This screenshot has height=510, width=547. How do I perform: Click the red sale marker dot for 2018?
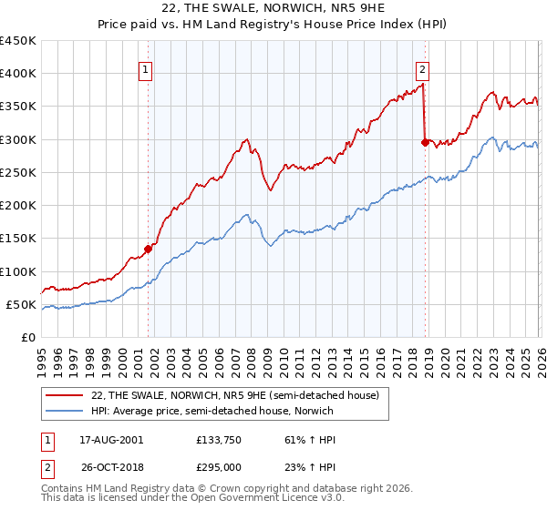[425, 142]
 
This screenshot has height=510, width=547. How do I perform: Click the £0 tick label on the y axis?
[29, 338]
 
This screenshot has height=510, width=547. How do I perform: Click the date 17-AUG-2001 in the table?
[111, 439]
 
